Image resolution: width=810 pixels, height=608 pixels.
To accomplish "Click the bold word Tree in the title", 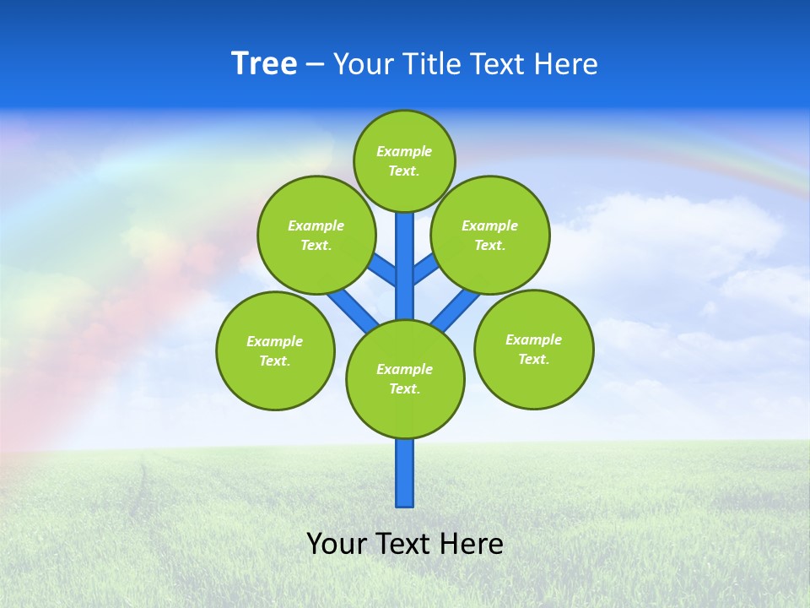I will [264, 64].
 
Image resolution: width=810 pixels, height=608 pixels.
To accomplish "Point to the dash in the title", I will [315, 65].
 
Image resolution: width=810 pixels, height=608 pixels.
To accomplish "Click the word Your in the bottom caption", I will [336, 544].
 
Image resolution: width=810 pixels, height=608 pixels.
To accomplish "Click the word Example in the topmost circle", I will [404, 151].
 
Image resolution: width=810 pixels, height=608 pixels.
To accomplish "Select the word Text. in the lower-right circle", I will [533, 359].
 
